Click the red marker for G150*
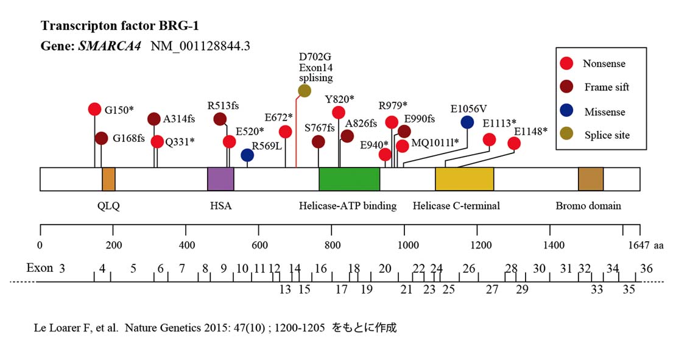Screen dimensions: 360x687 point(94,109)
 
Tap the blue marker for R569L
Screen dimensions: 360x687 point(247,155)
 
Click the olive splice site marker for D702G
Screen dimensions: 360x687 point(305,91)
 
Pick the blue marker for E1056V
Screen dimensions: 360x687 point(467,122)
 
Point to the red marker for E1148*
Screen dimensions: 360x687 point(514,143)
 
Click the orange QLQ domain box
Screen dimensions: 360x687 point(108,180)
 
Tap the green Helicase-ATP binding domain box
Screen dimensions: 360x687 point(350,180)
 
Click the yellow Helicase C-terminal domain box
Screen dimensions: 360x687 point(464,180)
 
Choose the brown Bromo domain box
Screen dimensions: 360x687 point(590,180)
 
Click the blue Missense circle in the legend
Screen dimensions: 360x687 point(567,111)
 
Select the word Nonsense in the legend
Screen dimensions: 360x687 point(604,63)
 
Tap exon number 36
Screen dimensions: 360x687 point(646,269)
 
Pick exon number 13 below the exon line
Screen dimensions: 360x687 point(285,289)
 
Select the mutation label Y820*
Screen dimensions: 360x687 point(339,99)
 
